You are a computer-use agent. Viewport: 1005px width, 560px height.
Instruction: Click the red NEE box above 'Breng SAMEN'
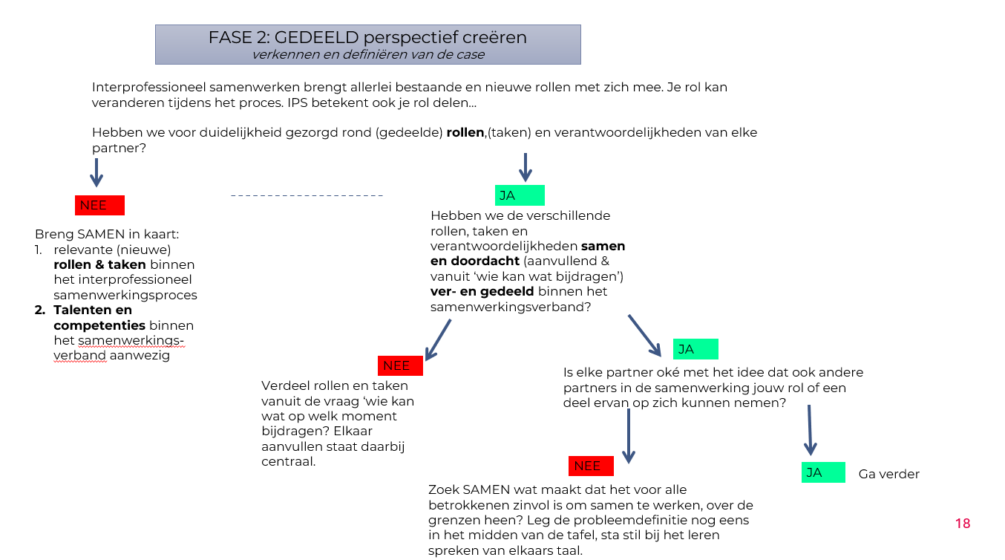tap(99, 205)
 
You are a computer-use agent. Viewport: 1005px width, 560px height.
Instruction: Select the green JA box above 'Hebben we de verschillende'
tap(520, 195)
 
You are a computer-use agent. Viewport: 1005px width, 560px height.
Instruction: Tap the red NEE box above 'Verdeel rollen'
tap(401, 365)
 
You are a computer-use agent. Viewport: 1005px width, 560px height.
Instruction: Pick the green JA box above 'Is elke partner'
tap(695, 349)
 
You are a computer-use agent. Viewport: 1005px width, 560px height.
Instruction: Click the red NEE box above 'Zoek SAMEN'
tap(591, 466)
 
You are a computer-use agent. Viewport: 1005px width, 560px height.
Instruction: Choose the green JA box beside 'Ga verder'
tap(823, 472)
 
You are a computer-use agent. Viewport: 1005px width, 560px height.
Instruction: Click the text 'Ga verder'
tap(888, 474)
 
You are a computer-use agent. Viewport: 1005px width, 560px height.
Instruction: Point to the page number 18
tap(963, 523)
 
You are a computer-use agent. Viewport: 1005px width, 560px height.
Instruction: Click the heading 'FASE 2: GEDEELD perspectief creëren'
tap(367, 37)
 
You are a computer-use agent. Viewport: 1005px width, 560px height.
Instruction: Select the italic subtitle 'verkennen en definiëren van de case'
tap(367, 54)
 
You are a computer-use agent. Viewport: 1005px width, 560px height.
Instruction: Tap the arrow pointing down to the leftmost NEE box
tap(96, 172)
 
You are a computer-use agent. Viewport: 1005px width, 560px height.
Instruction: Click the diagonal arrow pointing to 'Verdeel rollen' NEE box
tap(438, 339)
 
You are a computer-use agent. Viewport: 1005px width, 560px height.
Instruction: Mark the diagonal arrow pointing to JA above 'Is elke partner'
tap(644, 336)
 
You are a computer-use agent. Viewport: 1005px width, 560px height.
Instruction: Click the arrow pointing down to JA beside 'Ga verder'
tap(810, 430)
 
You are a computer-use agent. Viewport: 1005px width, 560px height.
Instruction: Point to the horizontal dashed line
tap(307, 195)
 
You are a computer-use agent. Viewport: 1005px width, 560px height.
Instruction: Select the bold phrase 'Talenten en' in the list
tap(93, 310)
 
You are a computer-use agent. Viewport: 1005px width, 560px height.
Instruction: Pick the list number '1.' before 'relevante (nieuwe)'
tap(39, 250)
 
